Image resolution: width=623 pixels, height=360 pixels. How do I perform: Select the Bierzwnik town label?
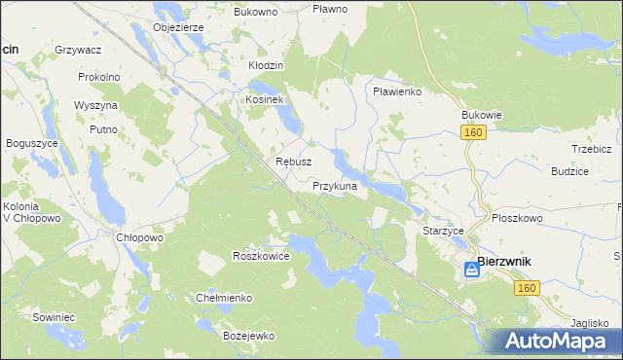click(x=510, y=265)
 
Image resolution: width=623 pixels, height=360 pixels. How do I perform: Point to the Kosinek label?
click(x=263, y=100)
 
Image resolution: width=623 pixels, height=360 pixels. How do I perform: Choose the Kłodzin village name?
click(x=265, y=65)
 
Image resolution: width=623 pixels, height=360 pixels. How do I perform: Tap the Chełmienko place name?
click(x=225, y=298)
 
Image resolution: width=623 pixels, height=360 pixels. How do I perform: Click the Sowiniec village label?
click(x=53, y=317)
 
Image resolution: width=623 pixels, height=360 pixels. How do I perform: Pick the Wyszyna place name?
click(x=95, y=105)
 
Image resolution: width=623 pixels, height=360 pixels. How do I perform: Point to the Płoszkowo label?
click(x=517, y=219)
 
